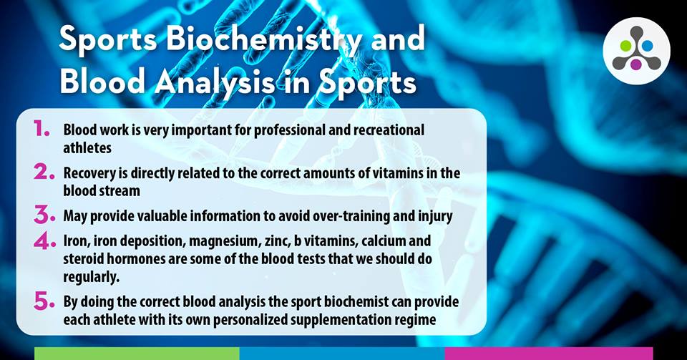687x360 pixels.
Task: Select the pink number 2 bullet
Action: click(44, 172)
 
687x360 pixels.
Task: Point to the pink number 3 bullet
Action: click(44, 215)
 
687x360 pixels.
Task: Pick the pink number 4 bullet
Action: click(44, 242)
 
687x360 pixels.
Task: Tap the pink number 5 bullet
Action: click(44, 301)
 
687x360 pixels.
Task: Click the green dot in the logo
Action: click(625, 46)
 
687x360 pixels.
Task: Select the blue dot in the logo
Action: click(647, 46)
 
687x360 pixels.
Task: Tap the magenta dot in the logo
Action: click(636, 64)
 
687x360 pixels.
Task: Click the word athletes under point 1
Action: click(87, 148)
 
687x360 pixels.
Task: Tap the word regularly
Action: click(91, 277)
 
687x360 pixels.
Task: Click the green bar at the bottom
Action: click(137, 354)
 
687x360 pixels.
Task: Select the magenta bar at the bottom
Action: click(549, 354)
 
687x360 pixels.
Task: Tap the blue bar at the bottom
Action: click(342, 354)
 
